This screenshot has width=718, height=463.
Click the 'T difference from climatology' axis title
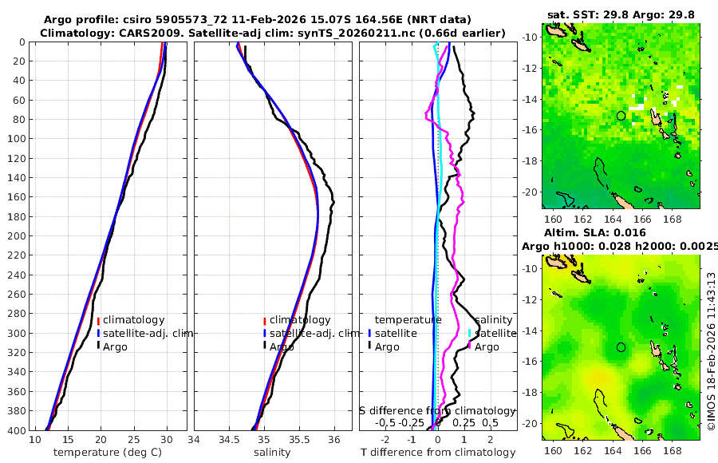tap(438, 453)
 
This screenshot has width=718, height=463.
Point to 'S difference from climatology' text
tap(437, 410)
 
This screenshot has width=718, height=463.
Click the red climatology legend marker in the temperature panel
tap(98, 321)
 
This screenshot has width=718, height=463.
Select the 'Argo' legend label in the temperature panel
tap(116, 346)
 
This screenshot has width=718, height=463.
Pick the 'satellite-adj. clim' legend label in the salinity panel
tap(314, 333)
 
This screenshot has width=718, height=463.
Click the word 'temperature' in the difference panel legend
tap(408, 320)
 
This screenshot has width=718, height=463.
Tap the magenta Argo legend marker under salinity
tap(469, 346)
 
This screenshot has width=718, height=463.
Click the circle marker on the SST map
tap(621, 116)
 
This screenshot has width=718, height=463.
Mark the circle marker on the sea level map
tap(621, 347)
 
